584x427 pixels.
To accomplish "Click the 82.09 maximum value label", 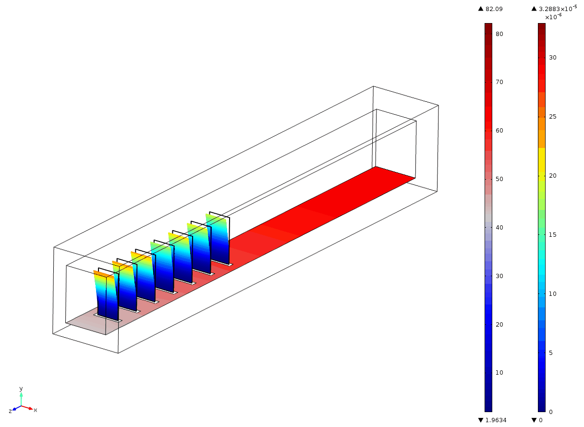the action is tap(494, 9).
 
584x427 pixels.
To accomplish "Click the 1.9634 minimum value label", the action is tap(496, 420).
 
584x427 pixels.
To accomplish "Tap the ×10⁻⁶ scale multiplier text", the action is tap(553, 17).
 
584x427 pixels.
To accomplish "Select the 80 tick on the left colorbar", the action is tap(499, 34).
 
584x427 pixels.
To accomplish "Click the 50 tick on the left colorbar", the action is tap(499, 179).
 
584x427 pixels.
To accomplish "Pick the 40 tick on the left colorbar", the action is tap(499, 228).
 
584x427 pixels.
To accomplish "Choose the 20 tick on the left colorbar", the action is tap(499, 325).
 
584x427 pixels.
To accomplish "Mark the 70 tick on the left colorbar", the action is tap(499, 82).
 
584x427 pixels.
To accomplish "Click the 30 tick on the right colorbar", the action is tap(552, 58).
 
